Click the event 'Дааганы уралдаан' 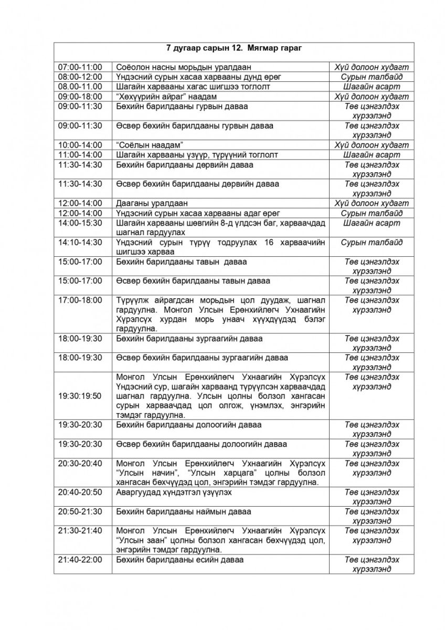click(152, 203)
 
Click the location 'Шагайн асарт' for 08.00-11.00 click(372, 87)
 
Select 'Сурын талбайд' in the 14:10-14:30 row click(372, 242)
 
